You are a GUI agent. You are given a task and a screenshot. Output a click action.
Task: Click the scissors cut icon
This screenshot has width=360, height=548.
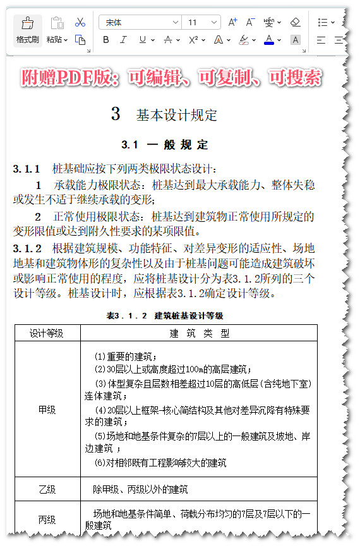tap(80, 22)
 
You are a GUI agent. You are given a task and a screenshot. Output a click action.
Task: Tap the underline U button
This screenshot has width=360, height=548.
tap(142, 40)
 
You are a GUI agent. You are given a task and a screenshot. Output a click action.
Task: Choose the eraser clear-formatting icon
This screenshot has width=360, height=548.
tap(295, 22)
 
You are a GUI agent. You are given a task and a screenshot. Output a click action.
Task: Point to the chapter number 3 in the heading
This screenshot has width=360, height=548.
tap(116, 114)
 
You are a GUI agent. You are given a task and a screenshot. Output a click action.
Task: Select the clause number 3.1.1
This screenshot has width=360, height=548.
tap(27, 169)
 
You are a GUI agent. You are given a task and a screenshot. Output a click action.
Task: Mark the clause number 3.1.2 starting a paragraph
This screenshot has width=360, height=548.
tap(27, 248)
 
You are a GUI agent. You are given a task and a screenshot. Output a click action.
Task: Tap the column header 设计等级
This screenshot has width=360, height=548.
tap(47, 333)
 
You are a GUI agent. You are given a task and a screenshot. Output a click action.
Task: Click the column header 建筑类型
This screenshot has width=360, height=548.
tap(199, 333)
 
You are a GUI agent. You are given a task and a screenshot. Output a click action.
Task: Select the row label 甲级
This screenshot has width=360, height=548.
tap(47, 410)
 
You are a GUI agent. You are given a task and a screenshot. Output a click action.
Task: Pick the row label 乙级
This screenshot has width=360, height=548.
tap(47, 489)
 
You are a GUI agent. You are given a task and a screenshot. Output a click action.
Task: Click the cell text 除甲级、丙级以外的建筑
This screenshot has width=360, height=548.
tap(140, 489)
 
